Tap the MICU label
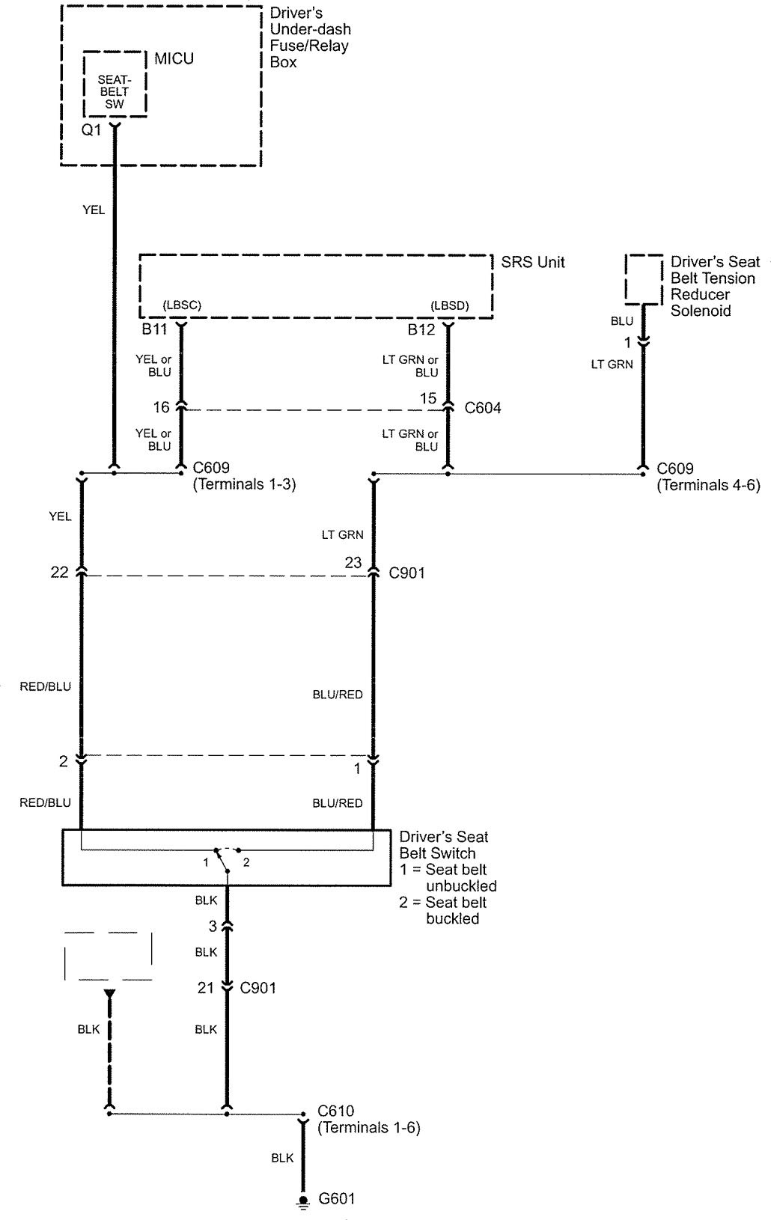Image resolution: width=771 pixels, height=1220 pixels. click(x=174, y=58)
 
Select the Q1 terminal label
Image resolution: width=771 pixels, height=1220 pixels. click(x=91, y=130)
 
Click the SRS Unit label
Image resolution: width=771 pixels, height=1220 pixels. click(x=532, y=262)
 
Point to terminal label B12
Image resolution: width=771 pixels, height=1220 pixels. click(x=421, y=329)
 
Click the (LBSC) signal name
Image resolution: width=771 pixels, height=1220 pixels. click(x=182, y=305)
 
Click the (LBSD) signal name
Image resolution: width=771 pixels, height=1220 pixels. click(x=449, y=305)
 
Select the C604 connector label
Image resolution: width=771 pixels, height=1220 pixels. click(x=483, y=408)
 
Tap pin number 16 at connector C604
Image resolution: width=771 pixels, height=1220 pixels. click(x=162, y=407)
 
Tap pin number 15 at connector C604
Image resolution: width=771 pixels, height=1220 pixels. click(x=428, y=399)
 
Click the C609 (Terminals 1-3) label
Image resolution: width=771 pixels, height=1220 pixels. click(x=244, y=477)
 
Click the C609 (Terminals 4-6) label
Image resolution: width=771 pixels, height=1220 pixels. click(x=708, y=477)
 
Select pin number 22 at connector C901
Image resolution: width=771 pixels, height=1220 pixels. click(x=59, y=572)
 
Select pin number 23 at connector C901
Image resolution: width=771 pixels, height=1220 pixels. click(x=353, y=562)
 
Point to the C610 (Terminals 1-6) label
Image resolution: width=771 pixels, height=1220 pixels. click(x=368, y=1119)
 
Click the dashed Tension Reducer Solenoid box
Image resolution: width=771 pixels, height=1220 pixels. click(x=644, y=279)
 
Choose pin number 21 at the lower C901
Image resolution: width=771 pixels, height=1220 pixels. click(x=206, y=988)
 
